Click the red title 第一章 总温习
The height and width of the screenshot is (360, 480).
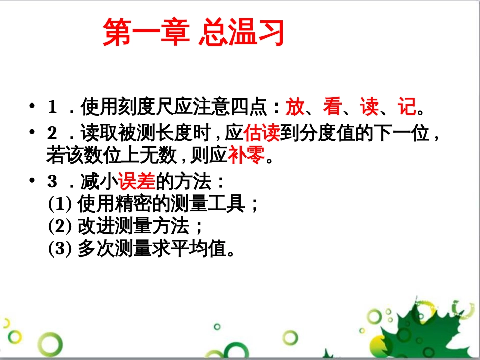(193, 33)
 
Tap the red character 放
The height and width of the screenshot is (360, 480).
(295, 107)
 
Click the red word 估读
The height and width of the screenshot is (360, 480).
(262, 134)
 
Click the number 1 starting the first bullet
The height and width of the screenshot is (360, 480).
(52, 108)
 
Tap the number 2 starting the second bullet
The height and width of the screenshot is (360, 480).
(52, 134)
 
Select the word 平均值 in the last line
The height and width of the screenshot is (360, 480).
(204, 249)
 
